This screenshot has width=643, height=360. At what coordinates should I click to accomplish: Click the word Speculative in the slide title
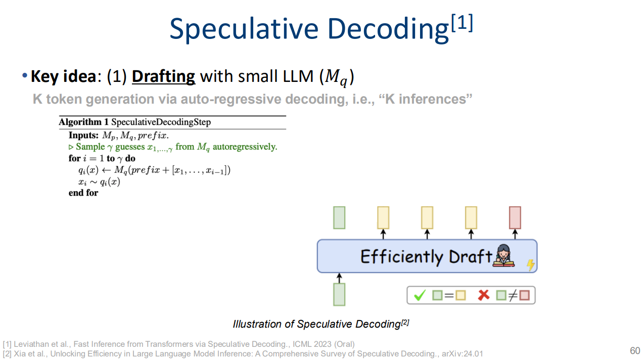(244, 29)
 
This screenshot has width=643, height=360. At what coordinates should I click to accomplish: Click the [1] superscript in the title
(462, 23)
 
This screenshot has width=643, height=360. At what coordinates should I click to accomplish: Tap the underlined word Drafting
(163, 77)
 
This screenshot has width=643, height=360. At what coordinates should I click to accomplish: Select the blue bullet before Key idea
(25, 75)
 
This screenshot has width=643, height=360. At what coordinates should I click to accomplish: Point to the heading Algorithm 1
(83, 122)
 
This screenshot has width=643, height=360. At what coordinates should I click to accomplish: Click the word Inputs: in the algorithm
(83, 135)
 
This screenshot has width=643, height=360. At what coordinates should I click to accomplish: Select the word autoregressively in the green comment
(245, 147)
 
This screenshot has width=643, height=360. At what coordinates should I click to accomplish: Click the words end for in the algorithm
(83, 193)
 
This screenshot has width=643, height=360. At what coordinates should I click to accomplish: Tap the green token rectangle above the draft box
(339, 217)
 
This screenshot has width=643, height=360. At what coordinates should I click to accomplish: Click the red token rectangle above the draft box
(515, 217)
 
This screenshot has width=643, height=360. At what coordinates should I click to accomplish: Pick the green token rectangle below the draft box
(339, 295)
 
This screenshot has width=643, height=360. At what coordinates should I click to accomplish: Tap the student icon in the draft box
(503, 255)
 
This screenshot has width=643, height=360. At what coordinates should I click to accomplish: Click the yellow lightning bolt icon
(531, 265)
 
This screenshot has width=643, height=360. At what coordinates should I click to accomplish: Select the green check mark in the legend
(420, 295)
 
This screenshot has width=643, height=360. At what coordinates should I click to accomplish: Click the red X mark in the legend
(484, 295)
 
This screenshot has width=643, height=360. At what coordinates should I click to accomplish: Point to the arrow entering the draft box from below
(339, 278)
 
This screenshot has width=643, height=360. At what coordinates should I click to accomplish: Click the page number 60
(635, 350)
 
